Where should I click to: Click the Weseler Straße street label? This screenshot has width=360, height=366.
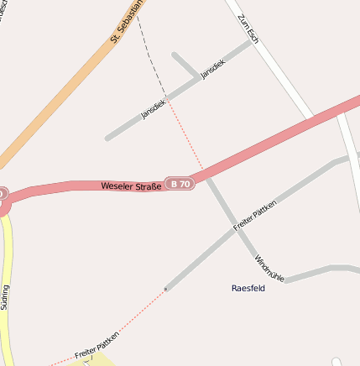tap(130, 186)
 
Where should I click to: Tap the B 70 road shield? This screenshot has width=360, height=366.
tap(180, 183)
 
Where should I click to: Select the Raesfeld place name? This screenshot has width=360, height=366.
tap(248, 288)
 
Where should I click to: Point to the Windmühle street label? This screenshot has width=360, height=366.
tap(269, 268)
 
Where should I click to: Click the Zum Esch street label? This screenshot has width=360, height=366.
tap(248, 29)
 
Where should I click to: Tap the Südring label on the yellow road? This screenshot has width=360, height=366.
tap(5, 296)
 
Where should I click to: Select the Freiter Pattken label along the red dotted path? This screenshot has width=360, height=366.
tap(97, 343)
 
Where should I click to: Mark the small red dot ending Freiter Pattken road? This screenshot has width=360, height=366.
tap(166, 290)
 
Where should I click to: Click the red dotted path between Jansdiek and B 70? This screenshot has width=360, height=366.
tap(186, 137)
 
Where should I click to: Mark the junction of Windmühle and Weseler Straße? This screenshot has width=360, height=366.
tap(207, 176)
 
